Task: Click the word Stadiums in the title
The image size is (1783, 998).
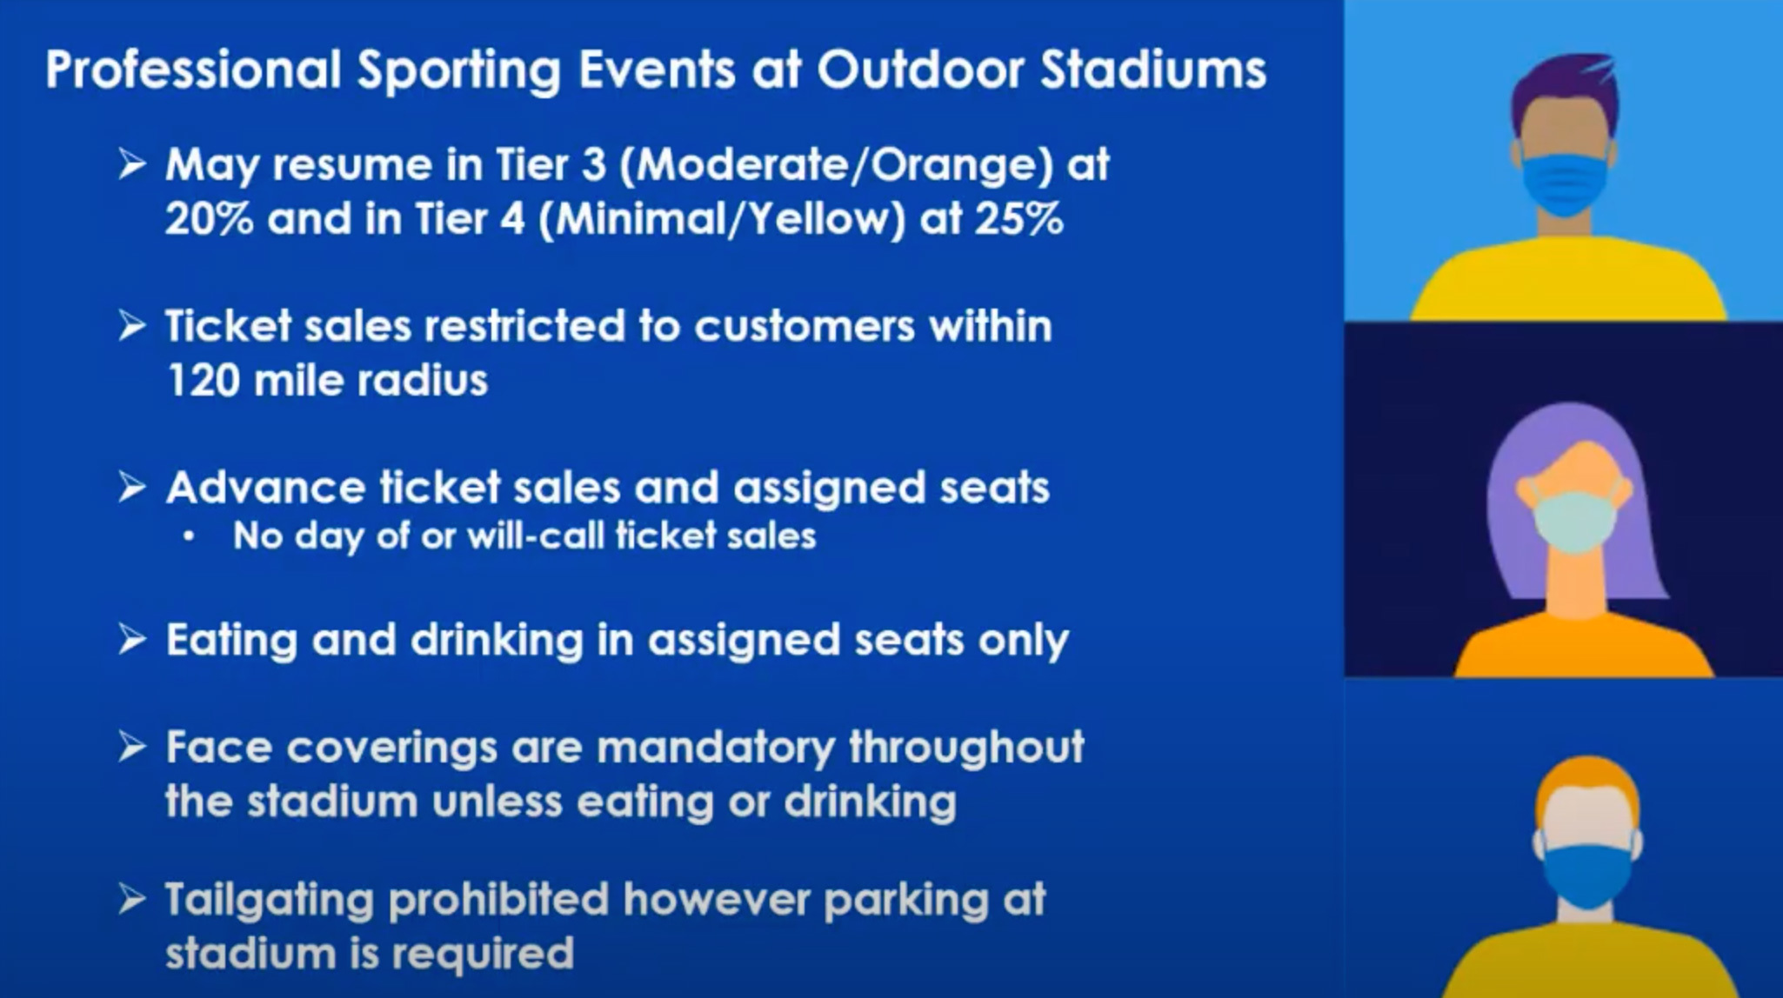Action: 1153,70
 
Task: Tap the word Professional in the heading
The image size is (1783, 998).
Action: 193,70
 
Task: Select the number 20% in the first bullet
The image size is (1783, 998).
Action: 209,219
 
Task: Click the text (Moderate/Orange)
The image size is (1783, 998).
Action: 836,165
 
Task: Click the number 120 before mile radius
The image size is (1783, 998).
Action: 201,381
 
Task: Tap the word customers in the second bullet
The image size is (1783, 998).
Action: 805,327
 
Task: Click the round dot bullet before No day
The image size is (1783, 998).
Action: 189,538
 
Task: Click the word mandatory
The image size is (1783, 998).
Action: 716,748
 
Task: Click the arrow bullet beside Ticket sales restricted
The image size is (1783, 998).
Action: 131,327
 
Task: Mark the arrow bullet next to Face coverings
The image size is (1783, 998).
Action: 131,748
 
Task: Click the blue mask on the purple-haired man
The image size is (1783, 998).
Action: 1563,184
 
